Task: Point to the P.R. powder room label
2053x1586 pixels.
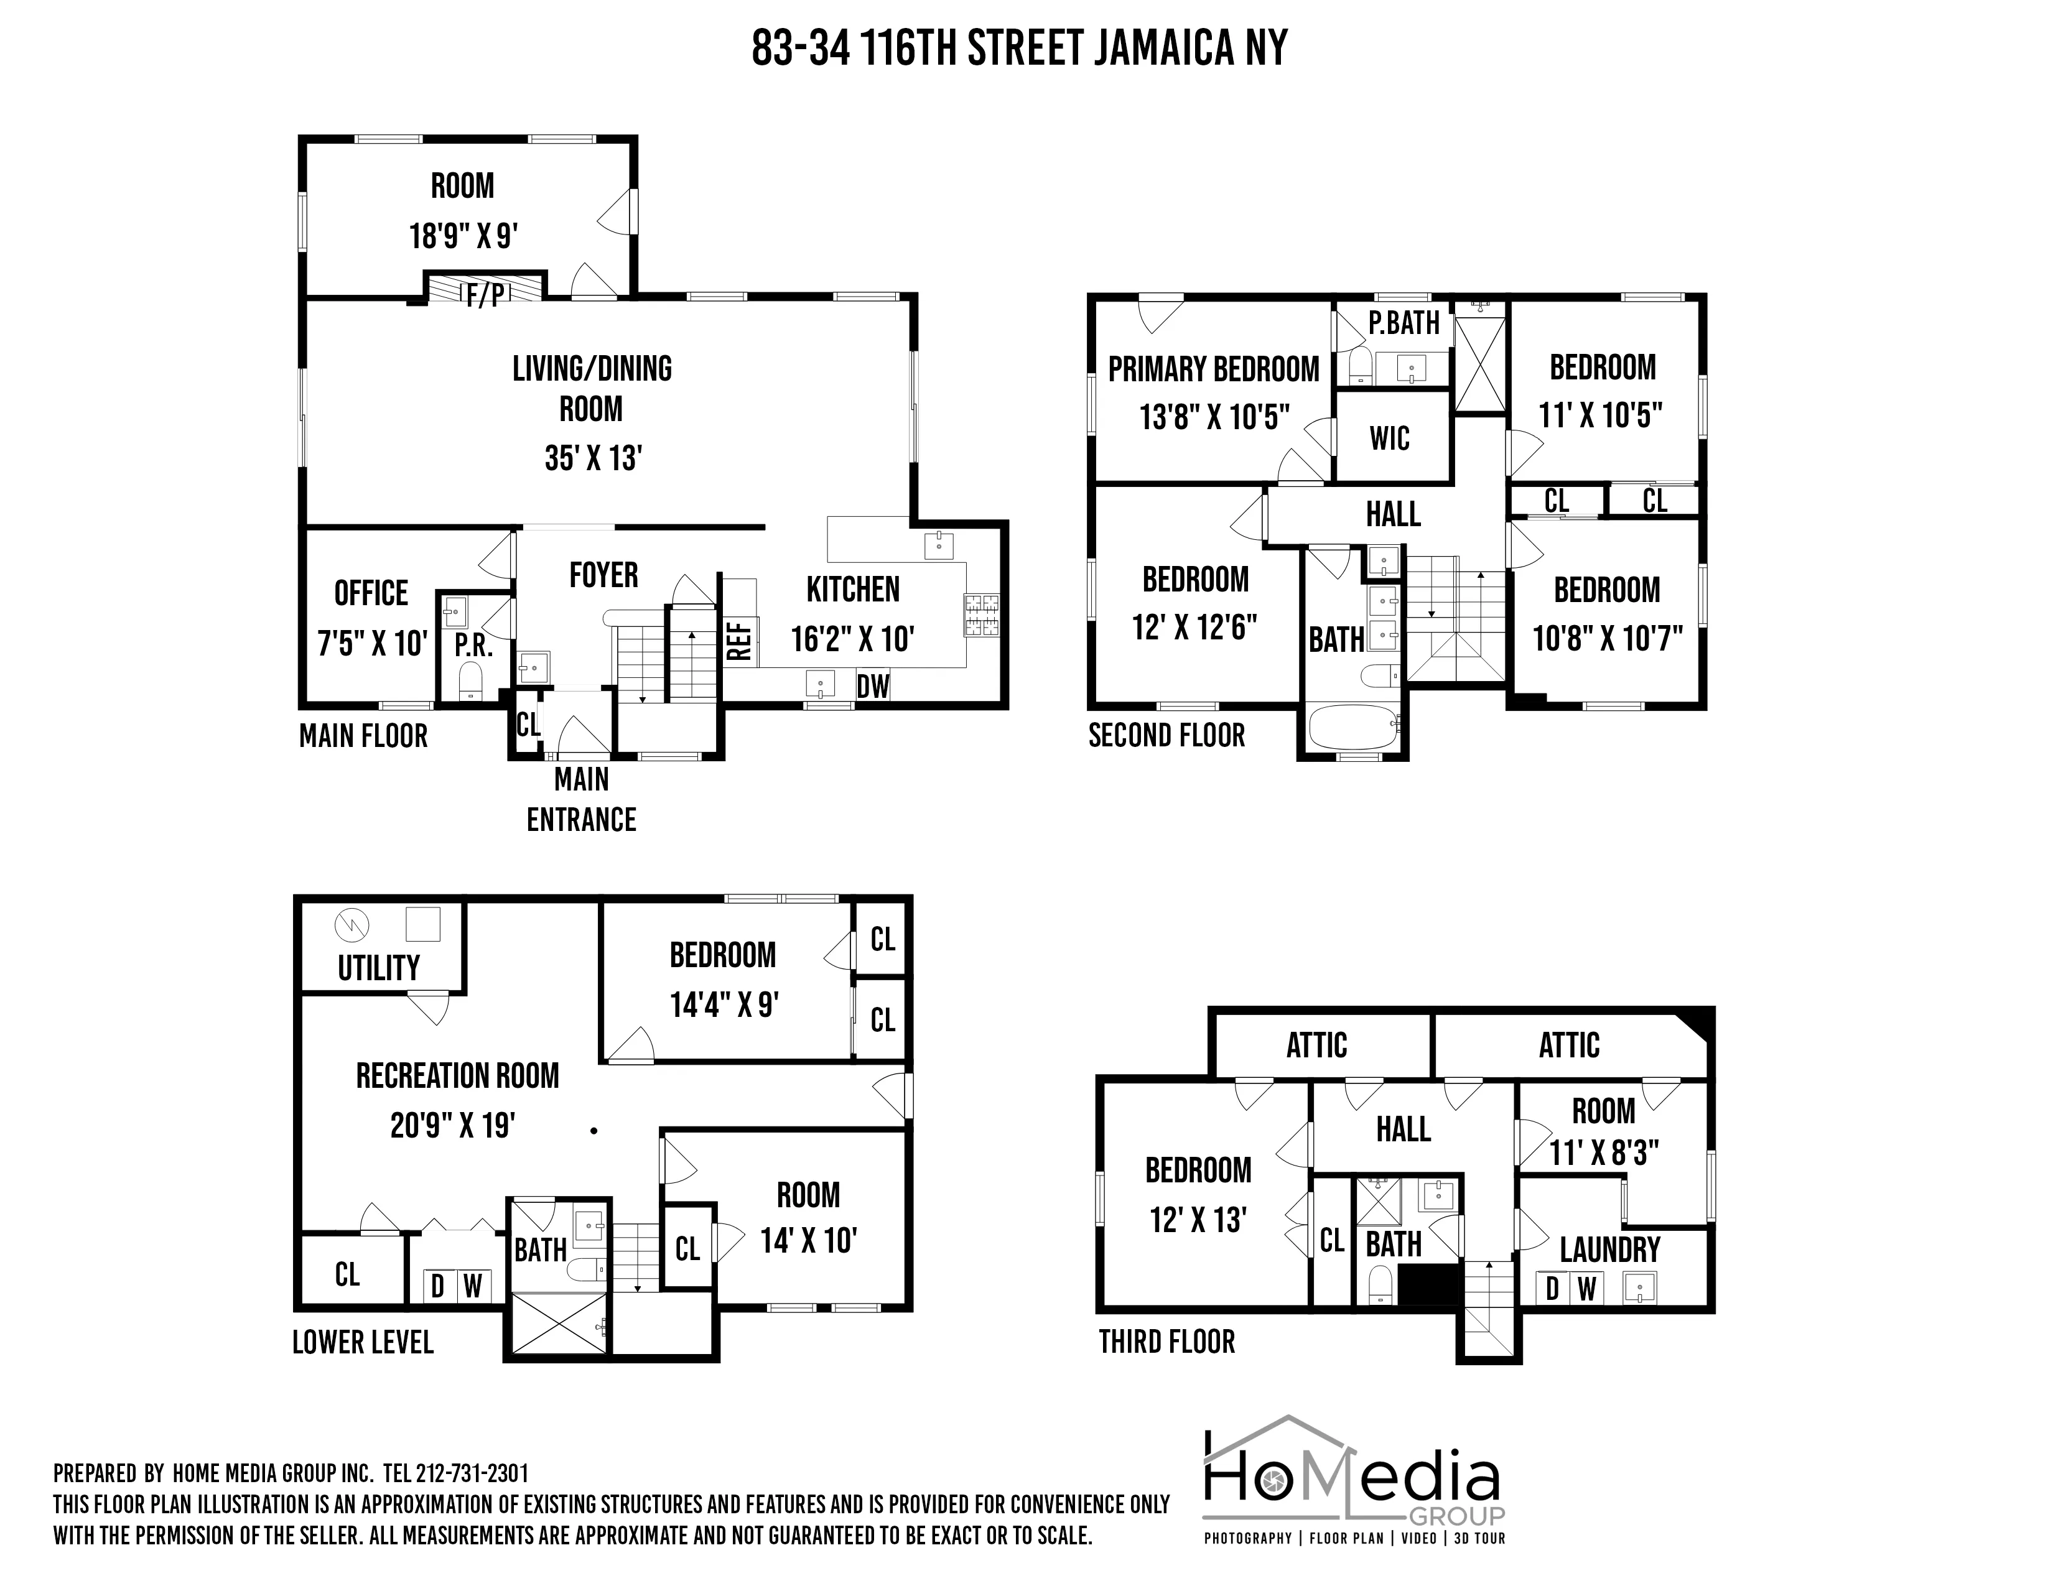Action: click(473, 646)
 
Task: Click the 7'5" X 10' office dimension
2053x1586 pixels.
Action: click(372, 644)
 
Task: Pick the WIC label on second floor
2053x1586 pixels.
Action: click(1389, 438)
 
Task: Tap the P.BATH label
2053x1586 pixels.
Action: click(1404, 323)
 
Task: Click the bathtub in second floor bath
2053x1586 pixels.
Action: click(1354, 728)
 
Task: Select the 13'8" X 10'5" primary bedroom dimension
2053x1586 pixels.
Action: click(1214, 416)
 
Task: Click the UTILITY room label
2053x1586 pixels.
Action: click(379, 968)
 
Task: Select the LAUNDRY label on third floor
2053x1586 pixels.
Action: click(1609, 1250)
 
